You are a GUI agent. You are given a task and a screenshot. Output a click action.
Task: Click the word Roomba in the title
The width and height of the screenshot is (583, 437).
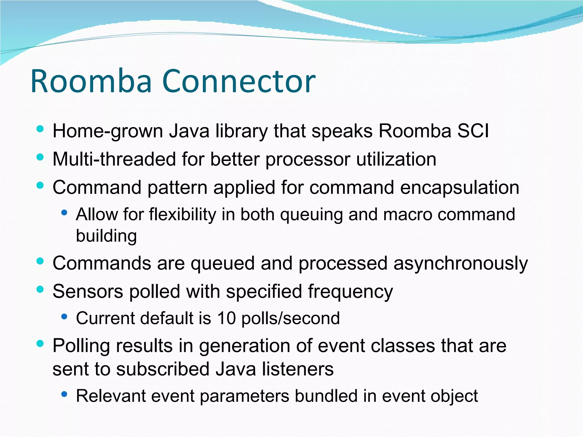tap(91, 82)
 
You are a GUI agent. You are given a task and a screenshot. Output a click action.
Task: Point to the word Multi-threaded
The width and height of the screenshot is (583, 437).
tap(114, 159)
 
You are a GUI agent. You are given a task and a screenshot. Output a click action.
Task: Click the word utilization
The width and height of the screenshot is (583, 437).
tap(396, 159)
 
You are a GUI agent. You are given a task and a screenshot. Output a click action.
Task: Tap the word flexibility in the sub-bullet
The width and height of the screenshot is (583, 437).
tap(182, 214)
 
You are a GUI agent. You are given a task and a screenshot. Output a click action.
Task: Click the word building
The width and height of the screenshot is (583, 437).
tap(106, 236)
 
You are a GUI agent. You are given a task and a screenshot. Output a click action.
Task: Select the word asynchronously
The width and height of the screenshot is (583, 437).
tap(461, 264)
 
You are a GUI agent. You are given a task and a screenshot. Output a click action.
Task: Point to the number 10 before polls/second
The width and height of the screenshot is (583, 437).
tap(227, 318)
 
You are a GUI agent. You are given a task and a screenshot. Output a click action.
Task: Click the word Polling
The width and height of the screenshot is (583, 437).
tap(81, 346)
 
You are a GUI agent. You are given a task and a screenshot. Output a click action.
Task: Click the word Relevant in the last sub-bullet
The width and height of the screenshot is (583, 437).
tap(111, 396)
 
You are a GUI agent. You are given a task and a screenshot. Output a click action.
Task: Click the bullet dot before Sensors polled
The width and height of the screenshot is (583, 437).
tap(40, 290)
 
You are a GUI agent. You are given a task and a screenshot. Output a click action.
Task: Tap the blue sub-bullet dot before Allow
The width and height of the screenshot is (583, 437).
tap(64, 213)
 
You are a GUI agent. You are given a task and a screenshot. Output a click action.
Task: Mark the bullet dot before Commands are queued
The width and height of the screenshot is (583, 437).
tap(40, 261)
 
